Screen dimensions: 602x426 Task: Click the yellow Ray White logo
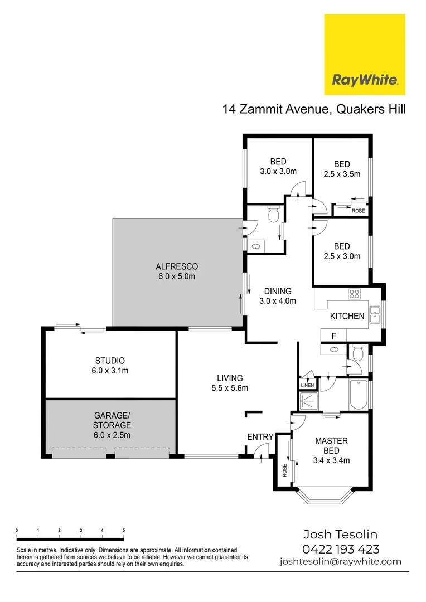click(365, 55)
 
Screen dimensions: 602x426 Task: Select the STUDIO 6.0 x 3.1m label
click(109, 365)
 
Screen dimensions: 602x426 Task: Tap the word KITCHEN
click(347, 316)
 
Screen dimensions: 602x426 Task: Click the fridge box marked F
click(333, 336)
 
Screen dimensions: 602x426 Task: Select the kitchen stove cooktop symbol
click(354, 294)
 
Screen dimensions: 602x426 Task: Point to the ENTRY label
click(260, 437)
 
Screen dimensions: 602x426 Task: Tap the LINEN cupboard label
click(308, 385)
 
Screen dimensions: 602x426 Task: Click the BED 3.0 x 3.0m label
click(277, 167)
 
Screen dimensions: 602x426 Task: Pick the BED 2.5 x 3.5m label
click(342, 169)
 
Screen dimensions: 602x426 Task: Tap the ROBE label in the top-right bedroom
click(358, 211)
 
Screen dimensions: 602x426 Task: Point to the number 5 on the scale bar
click(123, 530)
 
